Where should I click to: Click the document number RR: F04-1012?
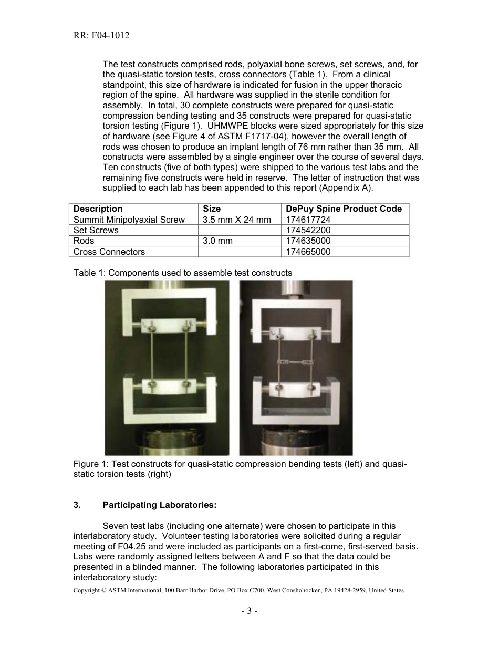101,35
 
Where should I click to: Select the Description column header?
98,209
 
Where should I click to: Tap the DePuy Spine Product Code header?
344,209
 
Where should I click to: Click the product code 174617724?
308,220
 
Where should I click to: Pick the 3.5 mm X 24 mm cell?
237,220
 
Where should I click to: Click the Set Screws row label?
96,230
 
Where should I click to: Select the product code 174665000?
308,252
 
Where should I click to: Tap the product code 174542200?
308,230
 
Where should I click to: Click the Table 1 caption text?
183,273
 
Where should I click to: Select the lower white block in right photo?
296,390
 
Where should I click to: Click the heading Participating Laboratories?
159,505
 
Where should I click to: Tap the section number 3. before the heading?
77,505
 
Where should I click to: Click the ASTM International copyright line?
239,590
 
